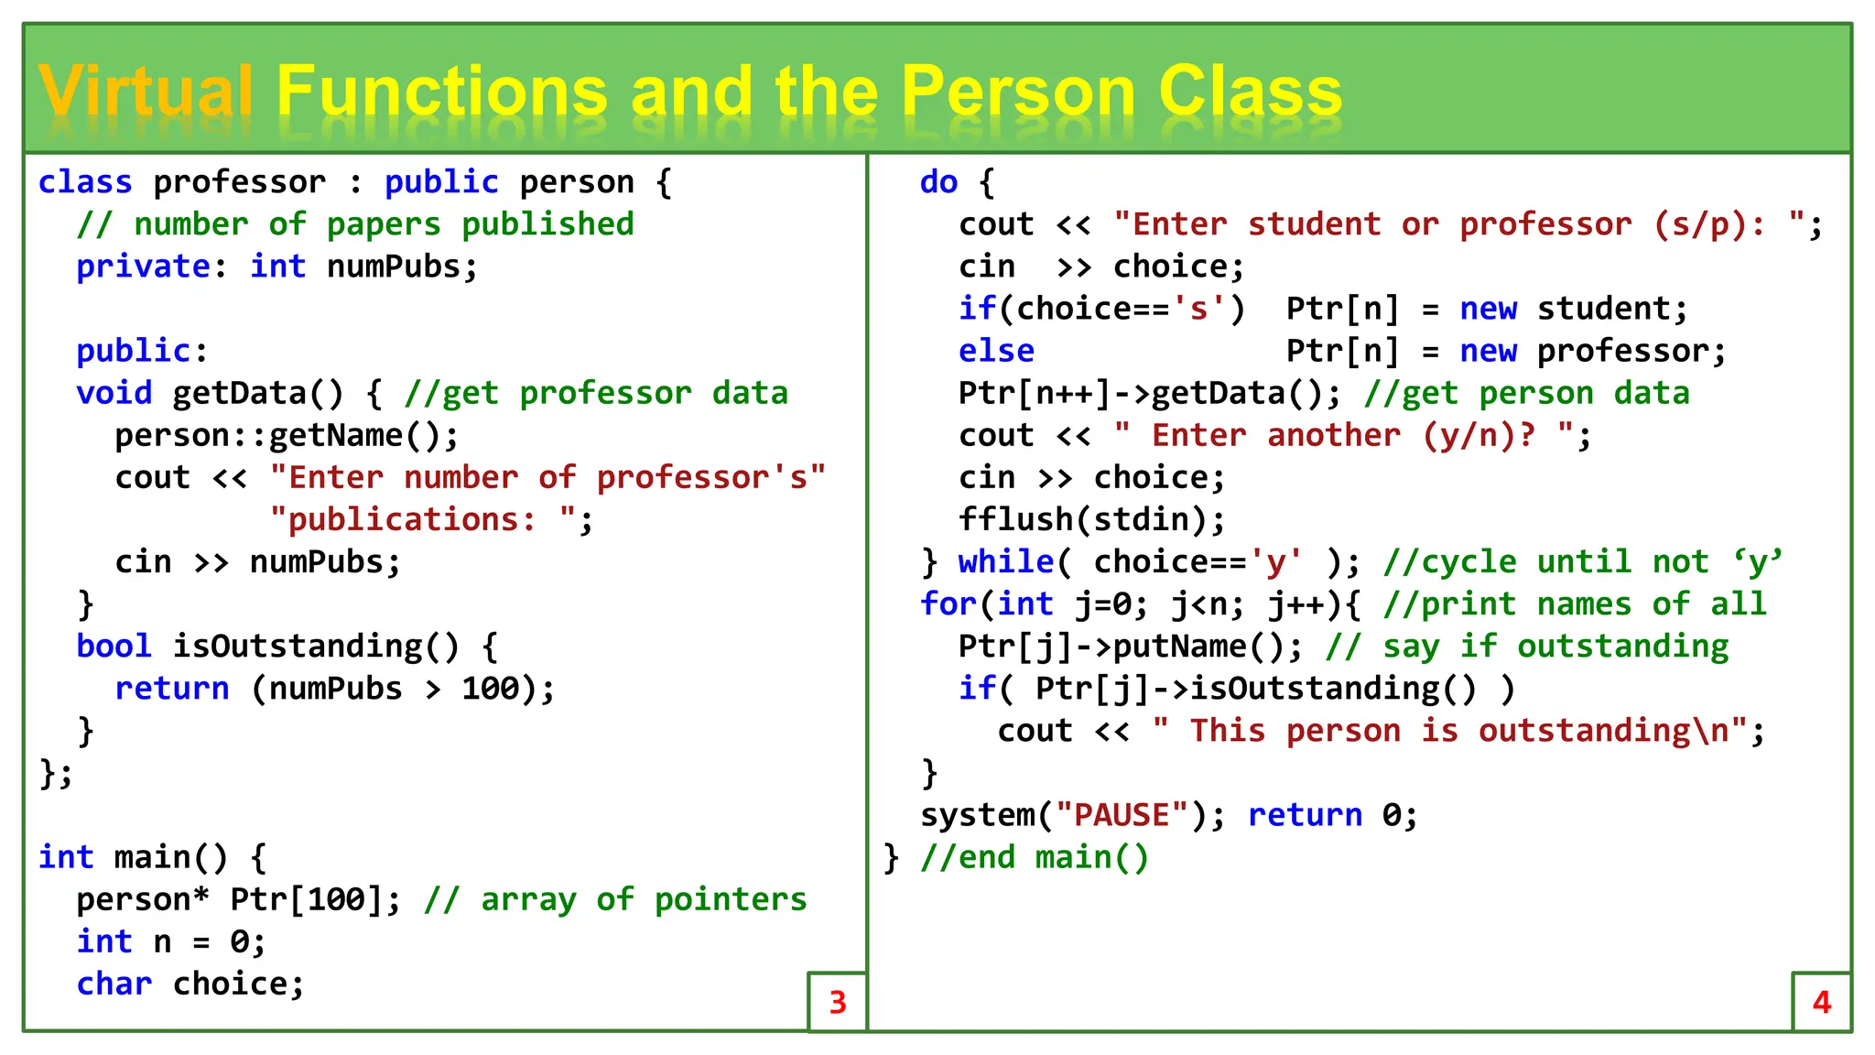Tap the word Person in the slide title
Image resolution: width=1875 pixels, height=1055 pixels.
click(1017, 92)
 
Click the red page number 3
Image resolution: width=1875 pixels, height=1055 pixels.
click(837, 1002)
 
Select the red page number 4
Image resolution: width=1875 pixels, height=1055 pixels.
click(1821, 1002)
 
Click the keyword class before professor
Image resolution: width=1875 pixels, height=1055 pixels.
click(85, 182)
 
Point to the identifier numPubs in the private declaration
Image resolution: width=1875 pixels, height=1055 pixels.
click(401, 266)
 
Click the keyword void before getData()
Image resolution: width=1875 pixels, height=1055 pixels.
click(114, 393)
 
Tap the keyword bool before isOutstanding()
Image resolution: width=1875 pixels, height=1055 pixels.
click(114, 646)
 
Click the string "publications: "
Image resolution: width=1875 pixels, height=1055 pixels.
click(423, 519)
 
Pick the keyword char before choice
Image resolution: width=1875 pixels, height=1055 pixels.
click(114, 983)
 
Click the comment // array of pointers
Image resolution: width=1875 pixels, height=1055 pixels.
click(615, 898)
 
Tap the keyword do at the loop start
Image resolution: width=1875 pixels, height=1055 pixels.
click(938, 182)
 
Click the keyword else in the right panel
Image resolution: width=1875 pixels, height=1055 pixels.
click(996, 351)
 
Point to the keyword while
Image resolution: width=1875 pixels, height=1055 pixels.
click(1005, 561)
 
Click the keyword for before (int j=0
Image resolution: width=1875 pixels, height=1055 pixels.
click(948, 604)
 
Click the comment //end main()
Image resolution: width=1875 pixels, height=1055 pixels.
click(1034, 857)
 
